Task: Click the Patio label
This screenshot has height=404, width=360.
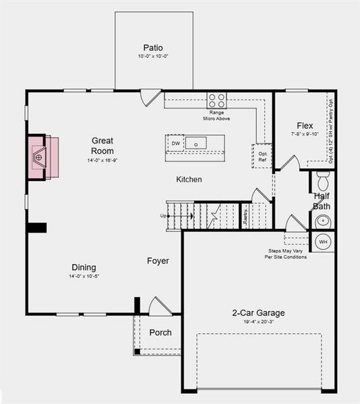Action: tap(153, 48)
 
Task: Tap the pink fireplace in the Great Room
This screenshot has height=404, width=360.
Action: tap(42, 158)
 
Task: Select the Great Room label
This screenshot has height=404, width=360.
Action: tap(102, 145)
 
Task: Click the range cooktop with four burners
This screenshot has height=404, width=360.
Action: tap(217, 100)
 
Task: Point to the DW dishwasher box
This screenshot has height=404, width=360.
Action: tap(176, 143)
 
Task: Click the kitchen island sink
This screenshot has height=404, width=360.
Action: tap(196, 143)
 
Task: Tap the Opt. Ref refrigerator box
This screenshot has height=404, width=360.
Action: tap(262, 156)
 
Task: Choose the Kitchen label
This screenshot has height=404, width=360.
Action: tap(189, 180)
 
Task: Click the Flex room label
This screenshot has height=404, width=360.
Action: tap(305, 126)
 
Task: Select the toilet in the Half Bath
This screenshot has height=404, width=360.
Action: tap(322, 180)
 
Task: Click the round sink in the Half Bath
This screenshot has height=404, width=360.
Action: tap(322, 220)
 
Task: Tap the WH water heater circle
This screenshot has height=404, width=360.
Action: tap(322, 242)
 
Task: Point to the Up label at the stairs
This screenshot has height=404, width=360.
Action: tap(162, 215)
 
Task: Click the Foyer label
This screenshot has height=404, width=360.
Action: tap(158, 261)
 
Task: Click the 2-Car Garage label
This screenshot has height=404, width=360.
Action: tap(258, 313)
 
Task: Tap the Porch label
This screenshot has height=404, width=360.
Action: tap(160, 333)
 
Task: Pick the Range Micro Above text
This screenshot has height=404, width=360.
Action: tap(217, 115)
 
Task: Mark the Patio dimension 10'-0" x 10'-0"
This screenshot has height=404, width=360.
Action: tap(153, 57)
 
